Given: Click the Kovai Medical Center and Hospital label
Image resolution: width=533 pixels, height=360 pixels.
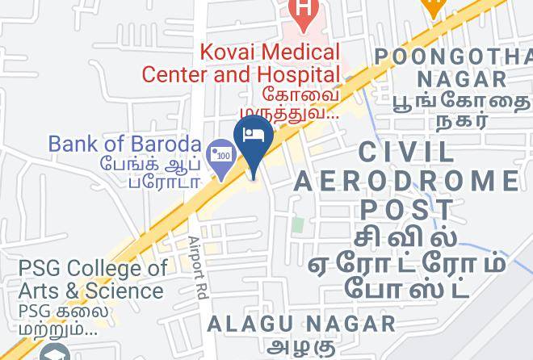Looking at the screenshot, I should click(x=241, y=63).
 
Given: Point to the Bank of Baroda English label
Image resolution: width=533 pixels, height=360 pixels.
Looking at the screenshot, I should click(x=124, y=144).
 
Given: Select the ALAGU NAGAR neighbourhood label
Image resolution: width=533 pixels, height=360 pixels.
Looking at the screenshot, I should click(x=302, y=324).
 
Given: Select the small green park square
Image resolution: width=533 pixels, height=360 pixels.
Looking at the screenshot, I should click(x=298, y=224).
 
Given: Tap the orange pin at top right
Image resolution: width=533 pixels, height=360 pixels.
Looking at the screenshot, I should click(x=434, y=6).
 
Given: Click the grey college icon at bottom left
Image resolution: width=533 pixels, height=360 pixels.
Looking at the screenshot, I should click(x=55, y=353).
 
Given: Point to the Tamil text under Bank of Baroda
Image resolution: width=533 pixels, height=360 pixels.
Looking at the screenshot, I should click(x=150, y=171).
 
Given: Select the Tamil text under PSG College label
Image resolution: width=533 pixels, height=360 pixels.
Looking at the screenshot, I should click(x=59, y=320).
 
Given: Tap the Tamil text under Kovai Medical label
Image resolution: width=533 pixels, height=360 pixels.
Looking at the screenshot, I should click(x=290, y=104).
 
